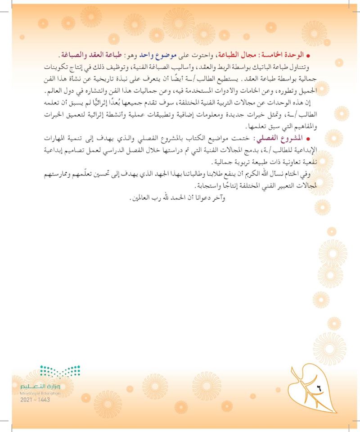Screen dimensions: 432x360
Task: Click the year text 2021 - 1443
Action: tap(35, 400)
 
